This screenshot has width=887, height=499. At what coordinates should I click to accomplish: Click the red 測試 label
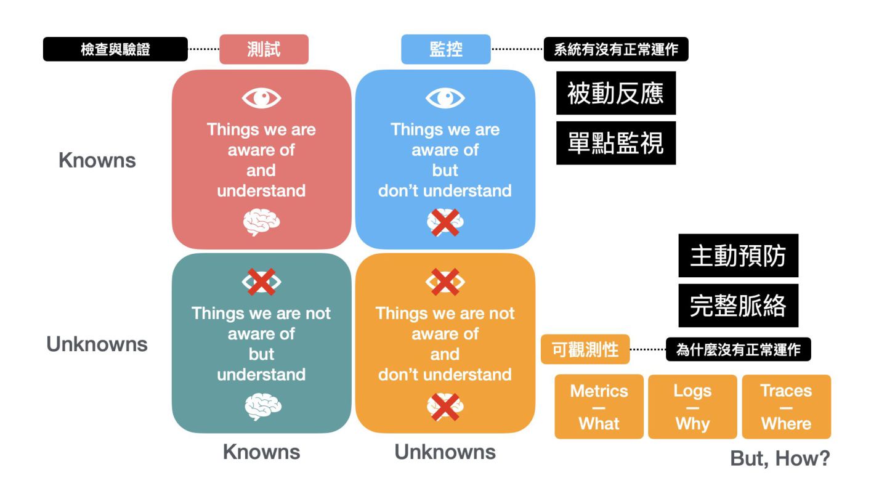[264, 49]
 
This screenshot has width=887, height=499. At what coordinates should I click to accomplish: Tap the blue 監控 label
[445, 49]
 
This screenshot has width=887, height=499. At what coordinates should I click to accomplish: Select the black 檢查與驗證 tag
[115, 49]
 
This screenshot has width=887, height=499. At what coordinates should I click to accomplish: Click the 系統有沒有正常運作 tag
[615, 49]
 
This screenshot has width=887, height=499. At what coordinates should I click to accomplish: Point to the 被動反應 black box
[615, 93]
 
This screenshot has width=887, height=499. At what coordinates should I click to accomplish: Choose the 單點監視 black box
[615, 143]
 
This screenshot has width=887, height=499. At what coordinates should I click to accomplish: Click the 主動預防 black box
[738, 256]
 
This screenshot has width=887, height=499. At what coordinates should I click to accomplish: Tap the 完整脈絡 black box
[738, 306]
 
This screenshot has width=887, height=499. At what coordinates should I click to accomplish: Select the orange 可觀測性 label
[585, 350]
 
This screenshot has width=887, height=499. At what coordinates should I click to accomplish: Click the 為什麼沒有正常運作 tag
[738, 350]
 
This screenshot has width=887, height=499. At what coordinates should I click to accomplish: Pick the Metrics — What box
[599, 407]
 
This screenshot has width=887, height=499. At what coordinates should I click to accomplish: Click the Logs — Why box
[692, 407]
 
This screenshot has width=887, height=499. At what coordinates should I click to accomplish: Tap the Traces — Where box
[786, 407]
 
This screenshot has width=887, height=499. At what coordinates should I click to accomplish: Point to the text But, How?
[780, 458]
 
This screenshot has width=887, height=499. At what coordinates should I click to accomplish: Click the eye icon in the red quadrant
[261, 98]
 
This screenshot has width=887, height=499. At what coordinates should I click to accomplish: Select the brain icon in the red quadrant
[261, 222]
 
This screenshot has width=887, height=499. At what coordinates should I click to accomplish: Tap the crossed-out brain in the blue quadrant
[445, 222]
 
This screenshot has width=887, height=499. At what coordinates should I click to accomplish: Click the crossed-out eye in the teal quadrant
[261, 282]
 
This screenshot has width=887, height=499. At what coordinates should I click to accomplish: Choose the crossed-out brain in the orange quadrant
[445, 407]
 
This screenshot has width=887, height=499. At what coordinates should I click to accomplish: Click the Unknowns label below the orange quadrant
[445, 452]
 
